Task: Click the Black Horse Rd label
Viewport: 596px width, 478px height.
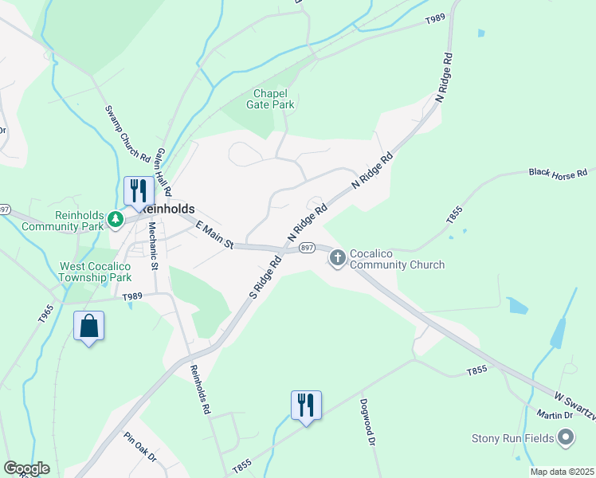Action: pos(558,172)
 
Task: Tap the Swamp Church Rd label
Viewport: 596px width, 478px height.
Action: pos(127,132)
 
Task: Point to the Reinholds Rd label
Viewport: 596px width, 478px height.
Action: pos(200,389)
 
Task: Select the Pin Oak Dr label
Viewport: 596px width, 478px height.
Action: pos(140,448)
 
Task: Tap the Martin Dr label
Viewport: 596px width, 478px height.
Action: pos(555,414)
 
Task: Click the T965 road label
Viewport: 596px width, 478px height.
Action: pos(45,313)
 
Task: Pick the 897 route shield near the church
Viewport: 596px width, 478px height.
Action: pos(306,248)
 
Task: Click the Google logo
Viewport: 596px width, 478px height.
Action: pos(26,468)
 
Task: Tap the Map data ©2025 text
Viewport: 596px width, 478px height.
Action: pos(561,472)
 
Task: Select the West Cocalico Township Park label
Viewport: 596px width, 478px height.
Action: pos(95,272)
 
